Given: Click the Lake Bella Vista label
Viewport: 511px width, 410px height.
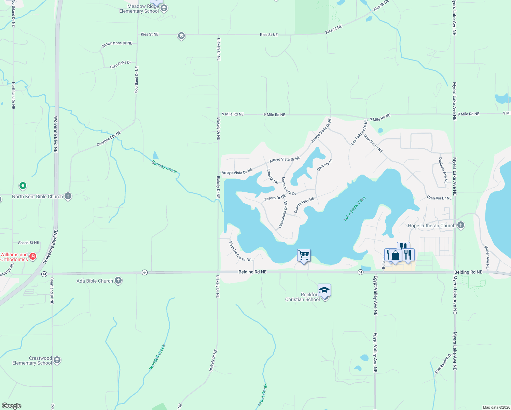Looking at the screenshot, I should pos(354,209).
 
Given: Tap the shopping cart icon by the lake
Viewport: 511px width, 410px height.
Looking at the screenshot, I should pos(304,255).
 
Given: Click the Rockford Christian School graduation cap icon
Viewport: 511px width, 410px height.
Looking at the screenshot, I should pos(324,290).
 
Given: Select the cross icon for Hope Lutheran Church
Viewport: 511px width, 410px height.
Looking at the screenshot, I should pos(461,225).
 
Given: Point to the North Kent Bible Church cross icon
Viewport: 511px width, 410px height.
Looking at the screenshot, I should pos(68,196).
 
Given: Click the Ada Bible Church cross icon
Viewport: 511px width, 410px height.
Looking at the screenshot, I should pos(118,281).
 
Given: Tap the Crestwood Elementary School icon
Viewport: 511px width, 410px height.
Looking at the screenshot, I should pos(57,360).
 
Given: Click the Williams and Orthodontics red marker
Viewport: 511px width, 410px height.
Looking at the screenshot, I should pos(33,256).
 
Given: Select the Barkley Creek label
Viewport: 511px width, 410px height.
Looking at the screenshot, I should pos(164,167).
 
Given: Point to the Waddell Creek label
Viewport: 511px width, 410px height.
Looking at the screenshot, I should pos(157,357).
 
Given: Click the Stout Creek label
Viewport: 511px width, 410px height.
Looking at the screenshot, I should pos(262,395).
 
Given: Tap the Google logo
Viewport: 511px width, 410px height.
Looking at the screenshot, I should pos(12,406).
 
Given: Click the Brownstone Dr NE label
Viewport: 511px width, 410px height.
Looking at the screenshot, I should pos(117,44).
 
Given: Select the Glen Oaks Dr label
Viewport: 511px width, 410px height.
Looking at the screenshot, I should pos(120,64).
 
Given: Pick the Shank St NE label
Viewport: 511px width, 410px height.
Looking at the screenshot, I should pos(28,243).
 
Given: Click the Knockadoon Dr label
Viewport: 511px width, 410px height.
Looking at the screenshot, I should pos(443,364).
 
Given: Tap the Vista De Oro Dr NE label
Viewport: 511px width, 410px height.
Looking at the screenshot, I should pos(240,252).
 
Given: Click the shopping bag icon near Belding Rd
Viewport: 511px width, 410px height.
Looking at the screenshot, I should pos(395,256).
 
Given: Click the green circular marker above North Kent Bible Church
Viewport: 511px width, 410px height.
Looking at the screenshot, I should pos(23,186).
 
